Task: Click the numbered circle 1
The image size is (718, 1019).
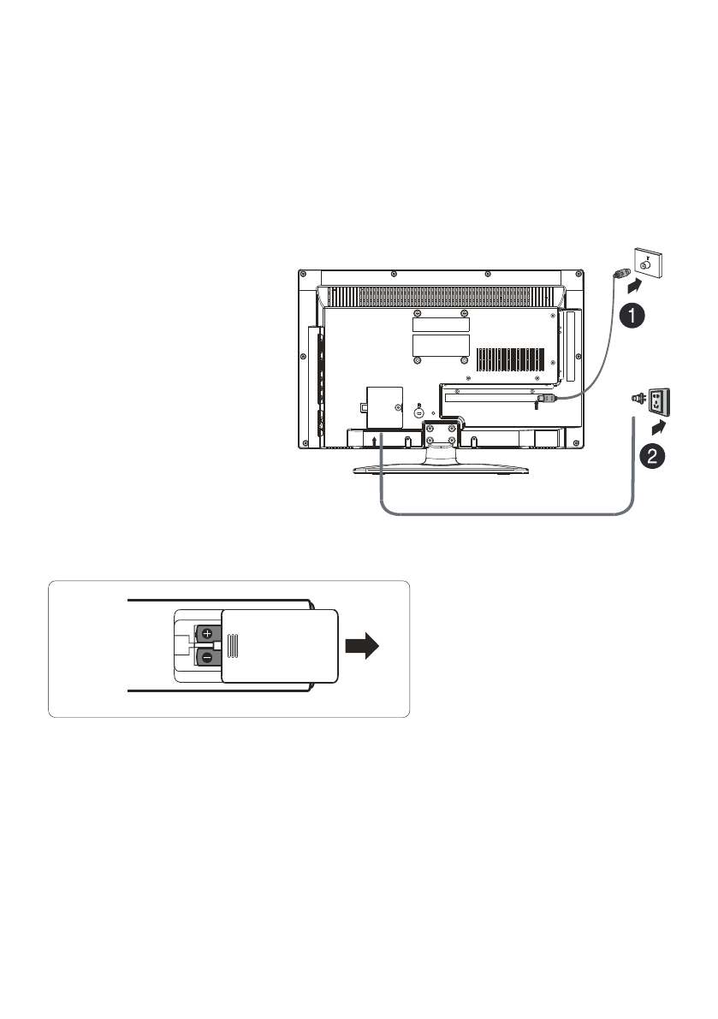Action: tap(632, 317)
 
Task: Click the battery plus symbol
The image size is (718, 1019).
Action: tap(208, 635)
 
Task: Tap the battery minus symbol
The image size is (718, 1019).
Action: tap(207, 657)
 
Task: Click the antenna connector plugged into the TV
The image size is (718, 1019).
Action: tap(546, 398)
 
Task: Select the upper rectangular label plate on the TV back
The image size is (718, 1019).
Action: tap(441, 323)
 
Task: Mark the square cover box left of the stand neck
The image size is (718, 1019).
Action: tap(383, 406)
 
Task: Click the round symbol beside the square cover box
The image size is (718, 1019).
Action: tap(418, 412)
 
